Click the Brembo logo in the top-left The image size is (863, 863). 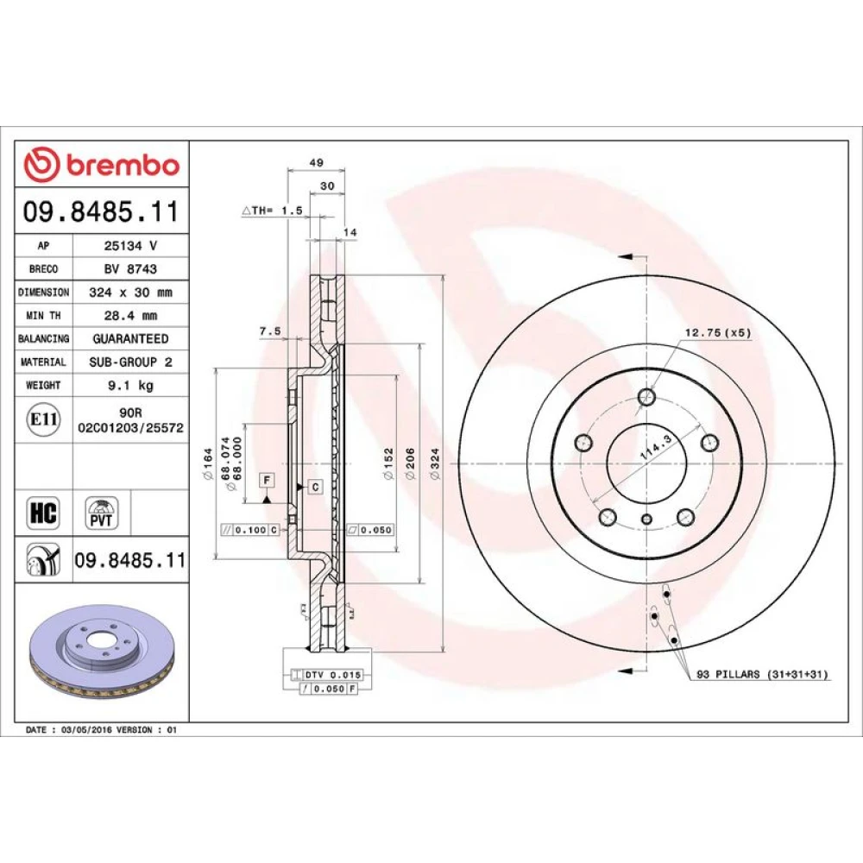coord(101,165)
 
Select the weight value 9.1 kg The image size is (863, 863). coord(130,385)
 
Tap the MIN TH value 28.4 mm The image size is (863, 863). coord(130,316)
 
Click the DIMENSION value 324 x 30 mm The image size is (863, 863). coord(130,293)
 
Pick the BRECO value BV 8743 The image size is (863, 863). coord(130,269)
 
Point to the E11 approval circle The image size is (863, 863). coord(43,420)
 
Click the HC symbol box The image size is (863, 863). coord(43,513)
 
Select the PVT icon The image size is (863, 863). coord(101,513)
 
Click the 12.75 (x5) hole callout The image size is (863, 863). coord(717,333)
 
